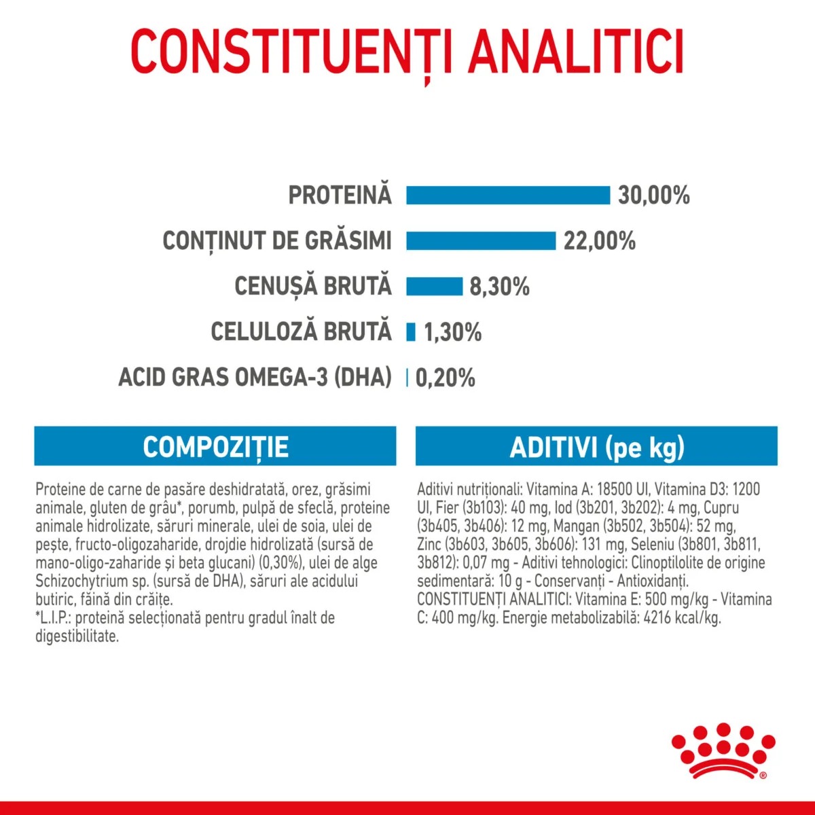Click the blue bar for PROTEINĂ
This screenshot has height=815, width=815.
[508, 195]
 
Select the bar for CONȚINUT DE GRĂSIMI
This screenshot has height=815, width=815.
[481, 240]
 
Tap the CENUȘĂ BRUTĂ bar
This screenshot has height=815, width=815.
[434, 286]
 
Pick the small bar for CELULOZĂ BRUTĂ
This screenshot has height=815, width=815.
[411, 331]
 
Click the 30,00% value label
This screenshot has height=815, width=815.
[653, 196]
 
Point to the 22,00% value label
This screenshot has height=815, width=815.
[599, 241]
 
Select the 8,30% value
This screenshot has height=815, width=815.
[499, 287]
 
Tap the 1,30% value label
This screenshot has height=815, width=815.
[452, 332]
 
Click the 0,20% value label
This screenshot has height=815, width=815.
[445, 378]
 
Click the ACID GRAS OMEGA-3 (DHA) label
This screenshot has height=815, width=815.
[255, 377]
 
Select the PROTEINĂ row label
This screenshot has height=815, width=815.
[340, 195]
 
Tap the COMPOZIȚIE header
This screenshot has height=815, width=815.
[215, 447]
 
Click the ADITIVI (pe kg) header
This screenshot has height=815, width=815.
[596, 447]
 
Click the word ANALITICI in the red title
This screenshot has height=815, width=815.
[577, 52]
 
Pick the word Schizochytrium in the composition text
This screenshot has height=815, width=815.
[77, 581]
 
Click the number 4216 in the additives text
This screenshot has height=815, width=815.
[659, 618]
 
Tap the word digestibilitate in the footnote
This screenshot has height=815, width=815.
[77, 636]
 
